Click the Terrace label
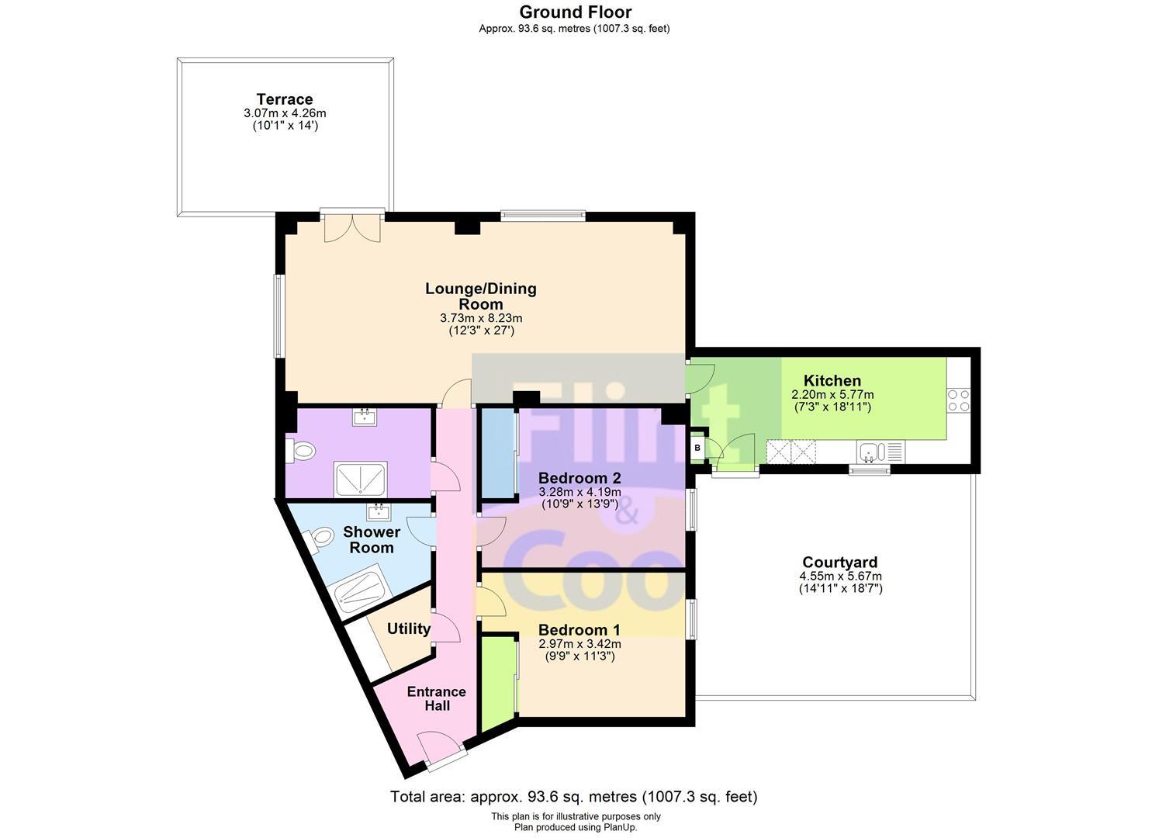[x=285, y=99]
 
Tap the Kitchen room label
[x=832, y=381]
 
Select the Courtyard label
[x=840, y=563]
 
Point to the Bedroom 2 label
[x=579, y=478]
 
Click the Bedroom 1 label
[x=579, y=629]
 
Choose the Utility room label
[x=409, y=628]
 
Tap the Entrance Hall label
[x=437, y=698]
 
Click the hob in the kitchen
[x=959, y=400]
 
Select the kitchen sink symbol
[x=880, y=452]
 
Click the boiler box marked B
[x=697, y=448]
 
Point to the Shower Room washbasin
[x=379, y=512]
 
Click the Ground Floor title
[x=576, y=12]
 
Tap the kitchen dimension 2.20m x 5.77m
[x=832, y=395]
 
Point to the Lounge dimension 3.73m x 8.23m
[x=481, y=318]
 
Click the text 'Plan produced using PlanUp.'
[x=576, y=828]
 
